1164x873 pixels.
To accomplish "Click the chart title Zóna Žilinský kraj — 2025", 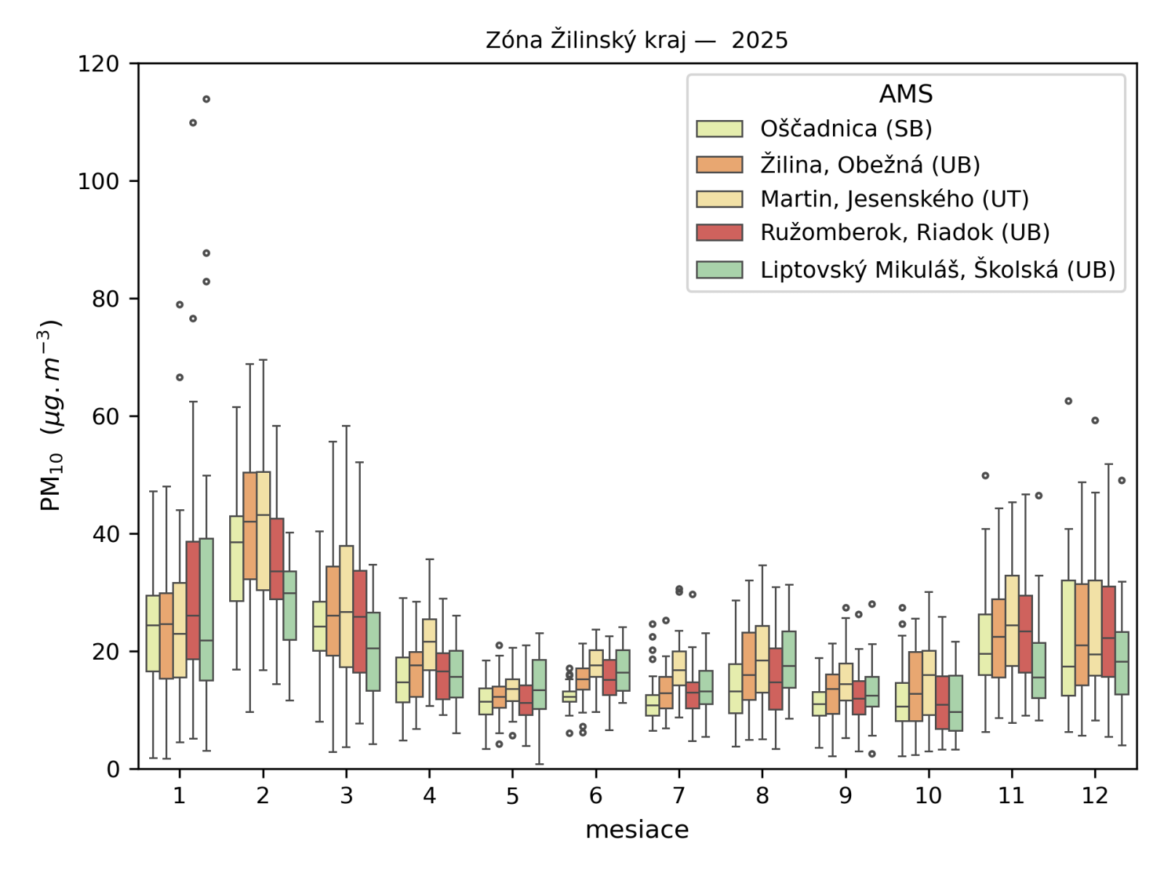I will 637,40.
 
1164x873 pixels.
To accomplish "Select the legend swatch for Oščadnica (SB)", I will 719,129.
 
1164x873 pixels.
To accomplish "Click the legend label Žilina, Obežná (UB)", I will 870,164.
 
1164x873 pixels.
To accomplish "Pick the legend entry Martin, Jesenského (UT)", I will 894,199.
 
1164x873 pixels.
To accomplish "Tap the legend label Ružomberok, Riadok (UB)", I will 905,233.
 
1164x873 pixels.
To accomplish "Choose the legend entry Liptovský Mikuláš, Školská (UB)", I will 937,269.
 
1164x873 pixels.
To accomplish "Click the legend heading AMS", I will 906,94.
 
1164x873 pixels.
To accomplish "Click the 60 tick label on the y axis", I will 105,416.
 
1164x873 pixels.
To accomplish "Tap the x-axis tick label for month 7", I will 679,796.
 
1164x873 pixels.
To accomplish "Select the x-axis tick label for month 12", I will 1094,796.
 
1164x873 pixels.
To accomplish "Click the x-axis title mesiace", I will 637,829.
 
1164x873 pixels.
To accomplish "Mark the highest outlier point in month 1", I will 207,99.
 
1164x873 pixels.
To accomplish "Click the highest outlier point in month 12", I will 1068,401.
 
